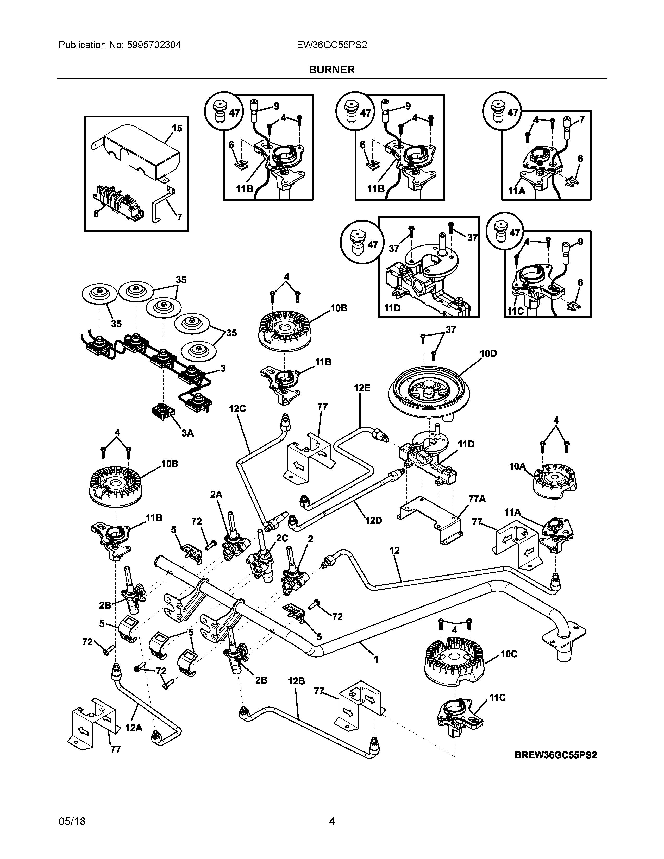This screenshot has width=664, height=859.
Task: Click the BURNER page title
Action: (331, 70)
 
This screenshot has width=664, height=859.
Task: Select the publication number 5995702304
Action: (154, 45)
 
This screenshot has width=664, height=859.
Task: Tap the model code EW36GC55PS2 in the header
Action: (332, 45)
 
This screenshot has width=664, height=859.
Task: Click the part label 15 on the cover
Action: (177, 128)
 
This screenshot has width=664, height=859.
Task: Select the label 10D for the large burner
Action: (488, 353)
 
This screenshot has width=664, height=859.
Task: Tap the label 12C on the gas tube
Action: (237, 409)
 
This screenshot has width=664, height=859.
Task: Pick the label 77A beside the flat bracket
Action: (477, 499)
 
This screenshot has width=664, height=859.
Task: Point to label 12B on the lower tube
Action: (296, 681)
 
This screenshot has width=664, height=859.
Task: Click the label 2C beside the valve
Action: (282, 538)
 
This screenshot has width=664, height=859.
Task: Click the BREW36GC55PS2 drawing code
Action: (556, 755)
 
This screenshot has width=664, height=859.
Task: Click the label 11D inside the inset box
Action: (392, 308)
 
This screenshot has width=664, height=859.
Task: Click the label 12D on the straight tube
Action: (373, 520)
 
